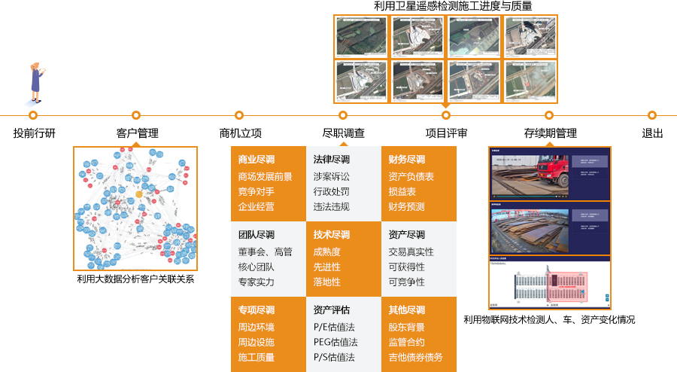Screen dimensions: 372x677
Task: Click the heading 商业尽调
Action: pyautogui.click(x=256, y=160)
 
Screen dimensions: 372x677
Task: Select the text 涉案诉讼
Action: pyautogui.click(x=331, y=177)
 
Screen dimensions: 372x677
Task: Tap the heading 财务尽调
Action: pyautogui.click(x=406, y=160)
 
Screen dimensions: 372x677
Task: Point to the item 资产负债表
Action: pyautogui.click(x=411, y=177)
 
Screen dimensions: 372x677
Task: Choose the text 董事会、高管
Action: pyautogui.click(x=265, y=252)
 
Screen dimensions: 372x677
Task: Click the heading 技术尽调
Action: pyautogui.click(x=331, y=235)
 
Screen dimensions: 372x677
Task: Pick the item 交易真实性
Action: pyautogui.click(x=411, y=252)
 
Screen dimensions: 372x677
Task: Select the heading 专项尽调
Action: pyautogui.click(x=256, y=310)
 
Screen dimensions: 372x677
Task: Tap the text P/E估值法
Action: pyautogui.click(x=334, y=328)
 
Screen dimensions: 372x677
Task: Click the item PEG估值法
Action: pyautogui.click(x=335, y=343)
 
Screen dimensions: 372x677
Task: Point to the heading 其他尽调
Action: pyautogui.click(x=406, y=310)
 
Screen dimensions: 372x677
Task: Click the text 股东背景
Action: pyautogui.click(x=406, y=328)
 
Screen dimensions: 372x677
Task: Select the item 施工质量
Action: pyautogui.click(x=256, y=358)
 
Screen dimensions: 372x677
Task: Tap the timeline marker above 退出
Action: pyautogui.click(x=652, y=115)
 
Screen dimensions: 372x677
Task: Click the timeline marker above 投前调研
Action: pyautogui.click(x=33, y=115)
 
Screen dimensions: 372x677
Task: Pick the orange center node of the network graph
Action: pyautogui.click(x=138, y=194)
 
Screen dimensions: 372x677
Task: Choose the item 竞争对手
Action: pyautogui.click(x=256, y=192)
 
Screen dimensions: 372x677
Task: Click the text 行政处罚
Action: pyautogui.click(x=331, y=192)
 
